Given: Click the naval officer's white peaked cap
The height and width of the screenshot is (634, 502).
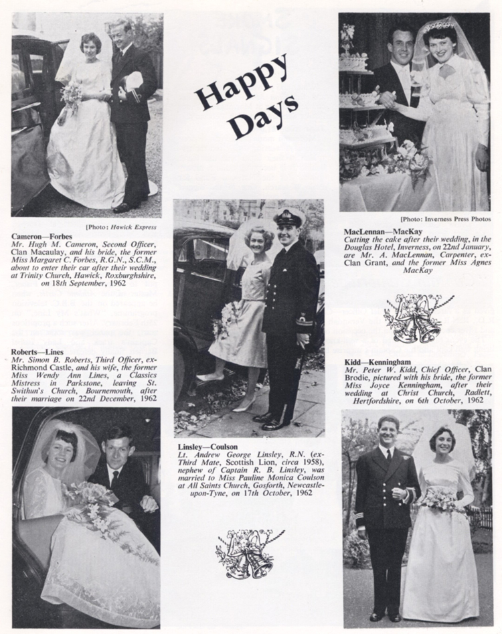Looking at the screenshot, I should [x=289, y=218].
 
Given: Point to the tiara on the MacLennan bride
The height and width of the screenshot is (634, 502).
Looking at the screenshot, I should [x=443, y=25].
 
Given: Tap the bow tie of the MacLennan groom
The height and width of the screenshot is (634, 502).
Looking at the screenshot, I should [x=404, y=65].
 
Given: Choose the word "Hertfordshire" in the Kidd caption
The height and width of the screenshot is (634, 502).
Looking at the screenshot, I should [x=373, y=400].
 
